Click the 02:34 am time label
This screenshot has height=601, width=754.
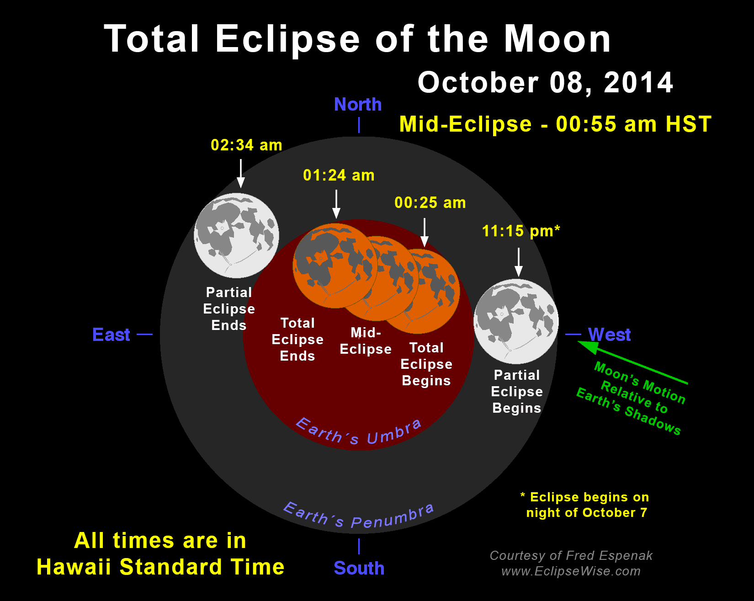(x=246, y=145)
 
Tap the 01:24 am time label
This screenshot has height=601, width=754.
(x=339, y=175)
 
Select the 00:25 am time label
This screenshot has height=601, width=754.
(x=430, y=202)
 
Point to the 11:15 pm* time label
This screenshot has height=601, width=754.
(x=521, y=231)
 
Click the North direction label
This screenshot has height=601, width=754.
(x=358, y=105)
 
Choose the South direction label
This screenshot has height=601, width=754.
(x=359, y=568)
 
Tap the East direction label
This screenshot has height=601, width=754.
(x=111, y=335)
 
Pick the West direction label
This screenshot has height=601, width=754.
(x=609, y=335)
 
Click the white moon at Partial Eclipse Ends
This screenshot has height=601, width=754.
(x=236, y=235)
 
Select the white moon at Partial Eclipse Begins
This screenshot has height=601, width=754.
(x=516, y=321)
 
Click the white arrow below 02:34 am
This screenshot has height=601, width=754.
(x=241, y=173)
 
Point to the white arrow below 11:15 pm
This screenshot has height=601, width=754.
(x=518, y=262)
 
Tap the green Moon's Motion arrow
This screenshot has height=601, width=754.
(x=632, y=362)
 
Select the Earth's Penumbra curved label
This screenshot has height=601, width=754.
(x=359, y=516)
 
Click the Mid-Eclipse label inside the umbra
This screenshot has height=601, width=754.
(x=366, y=340)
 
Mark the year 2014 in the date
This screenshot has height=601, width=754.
(x=638, y=83)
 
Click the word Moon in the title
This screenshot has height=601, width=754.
(x=557, y=39)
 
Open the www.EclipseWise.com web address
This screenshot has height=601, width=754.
(x=571, y=571)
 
